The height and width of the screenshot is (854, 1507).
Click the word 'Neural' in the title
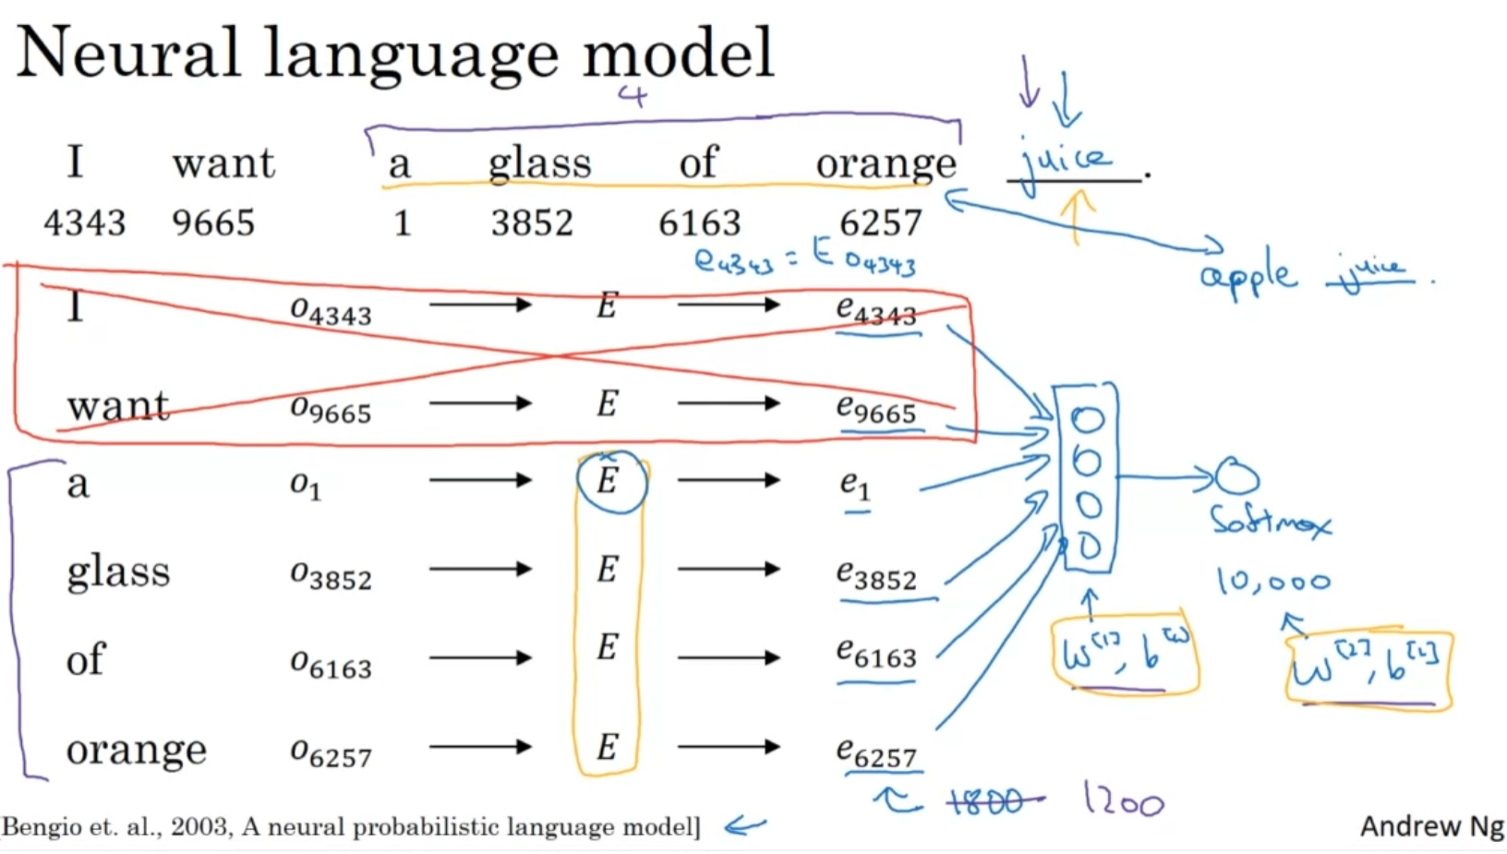pos(129,54)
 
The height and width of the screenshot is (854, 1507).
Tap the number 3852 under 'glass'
pos(532,223)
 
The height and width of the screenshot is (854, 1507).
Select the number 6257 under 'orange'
pos(880,223)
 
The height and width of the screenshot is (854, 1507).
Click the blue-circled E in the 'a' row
pos(609,481)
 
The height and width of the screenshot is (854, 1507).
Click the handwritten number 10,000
pos(1273,582)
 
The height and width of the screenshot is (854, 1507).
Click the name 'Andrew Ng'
pos(1432,826)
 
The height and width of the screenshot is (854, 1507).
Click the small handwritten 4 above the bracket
pos(633,95)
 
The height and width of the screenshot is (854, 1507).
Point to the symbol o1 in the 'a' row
pos(306,485)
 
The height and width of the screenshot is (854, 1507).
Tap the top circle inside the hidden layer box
pos(1088,420)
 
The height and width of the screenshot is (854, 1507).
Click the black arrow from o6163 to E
pos(480,658)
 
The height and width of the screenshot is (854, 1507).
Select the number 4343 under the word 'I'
pos(84,223)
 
